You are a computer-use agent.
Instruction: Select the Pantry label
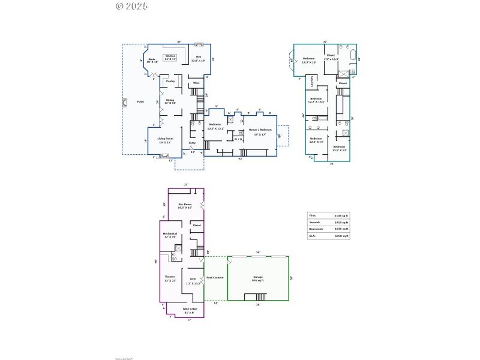click(170, 81)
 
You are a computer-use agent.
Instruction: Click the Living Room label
click(166, 140)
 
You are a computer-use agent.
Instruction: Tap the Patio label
click(140, 101)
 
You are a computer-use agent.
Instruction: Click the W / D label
click(238, 139)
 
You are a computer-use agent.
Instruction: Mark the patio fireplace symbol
click(124, 102)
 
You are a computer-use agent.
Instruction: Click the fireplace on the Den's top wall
click(199, 44)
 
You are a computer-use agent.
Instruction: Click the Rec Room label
click(185, 206)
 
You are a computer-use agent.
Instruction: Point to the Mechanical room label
click(170, 235)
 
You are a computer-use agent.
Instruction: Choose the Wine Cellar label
click(190, 310)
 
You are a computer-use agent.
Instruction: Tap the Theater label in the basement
click(170, 278)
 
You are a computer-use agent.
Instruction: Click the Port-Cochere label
click(214, 278)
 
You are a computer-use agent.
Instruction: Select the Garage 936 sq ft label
click(258, 278)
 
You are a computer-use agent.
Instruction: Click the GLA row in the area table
click(328, 236)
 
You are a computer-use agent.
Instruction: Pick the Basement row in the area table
click(328, 229)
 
